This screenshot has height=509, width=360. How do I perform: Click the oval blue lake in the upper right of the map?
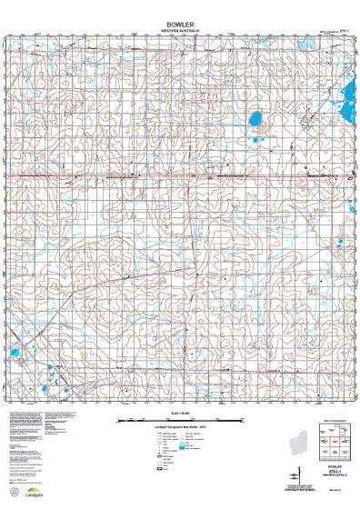256,117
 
